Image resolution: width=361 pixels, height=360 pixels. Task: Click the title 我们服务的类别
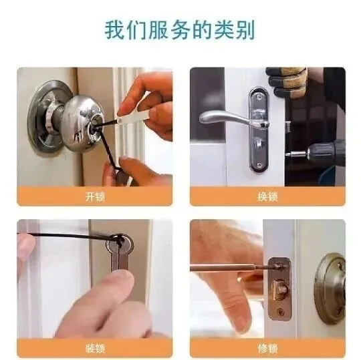(x=180, y=30)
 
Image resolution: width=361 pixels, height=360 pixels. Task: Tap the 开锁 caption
(x=95, y=196)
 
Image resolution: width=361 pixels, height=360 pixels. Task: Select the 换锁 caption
(x=267, y=196)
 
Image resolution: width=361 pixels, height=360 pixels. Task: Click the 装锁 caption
(x=95, y=348)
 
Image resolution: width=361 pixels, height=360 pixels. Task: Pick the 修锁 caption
(x=267, y=348)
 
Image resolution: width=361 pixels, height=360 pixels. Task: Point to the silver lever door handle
(x=233, y=118)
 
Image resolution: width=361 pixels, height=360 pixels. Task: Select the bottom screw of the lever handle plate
(x=259, y=165)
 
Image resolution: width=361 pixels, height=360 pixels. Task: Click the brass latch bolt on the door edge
(x=278, y=289)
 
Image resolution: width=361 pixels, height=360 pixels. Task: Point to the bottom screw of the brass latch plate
(x=281, y=312)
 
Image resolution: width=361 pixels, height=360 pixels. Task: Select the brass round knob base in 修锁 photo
(x=330, y=289)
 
